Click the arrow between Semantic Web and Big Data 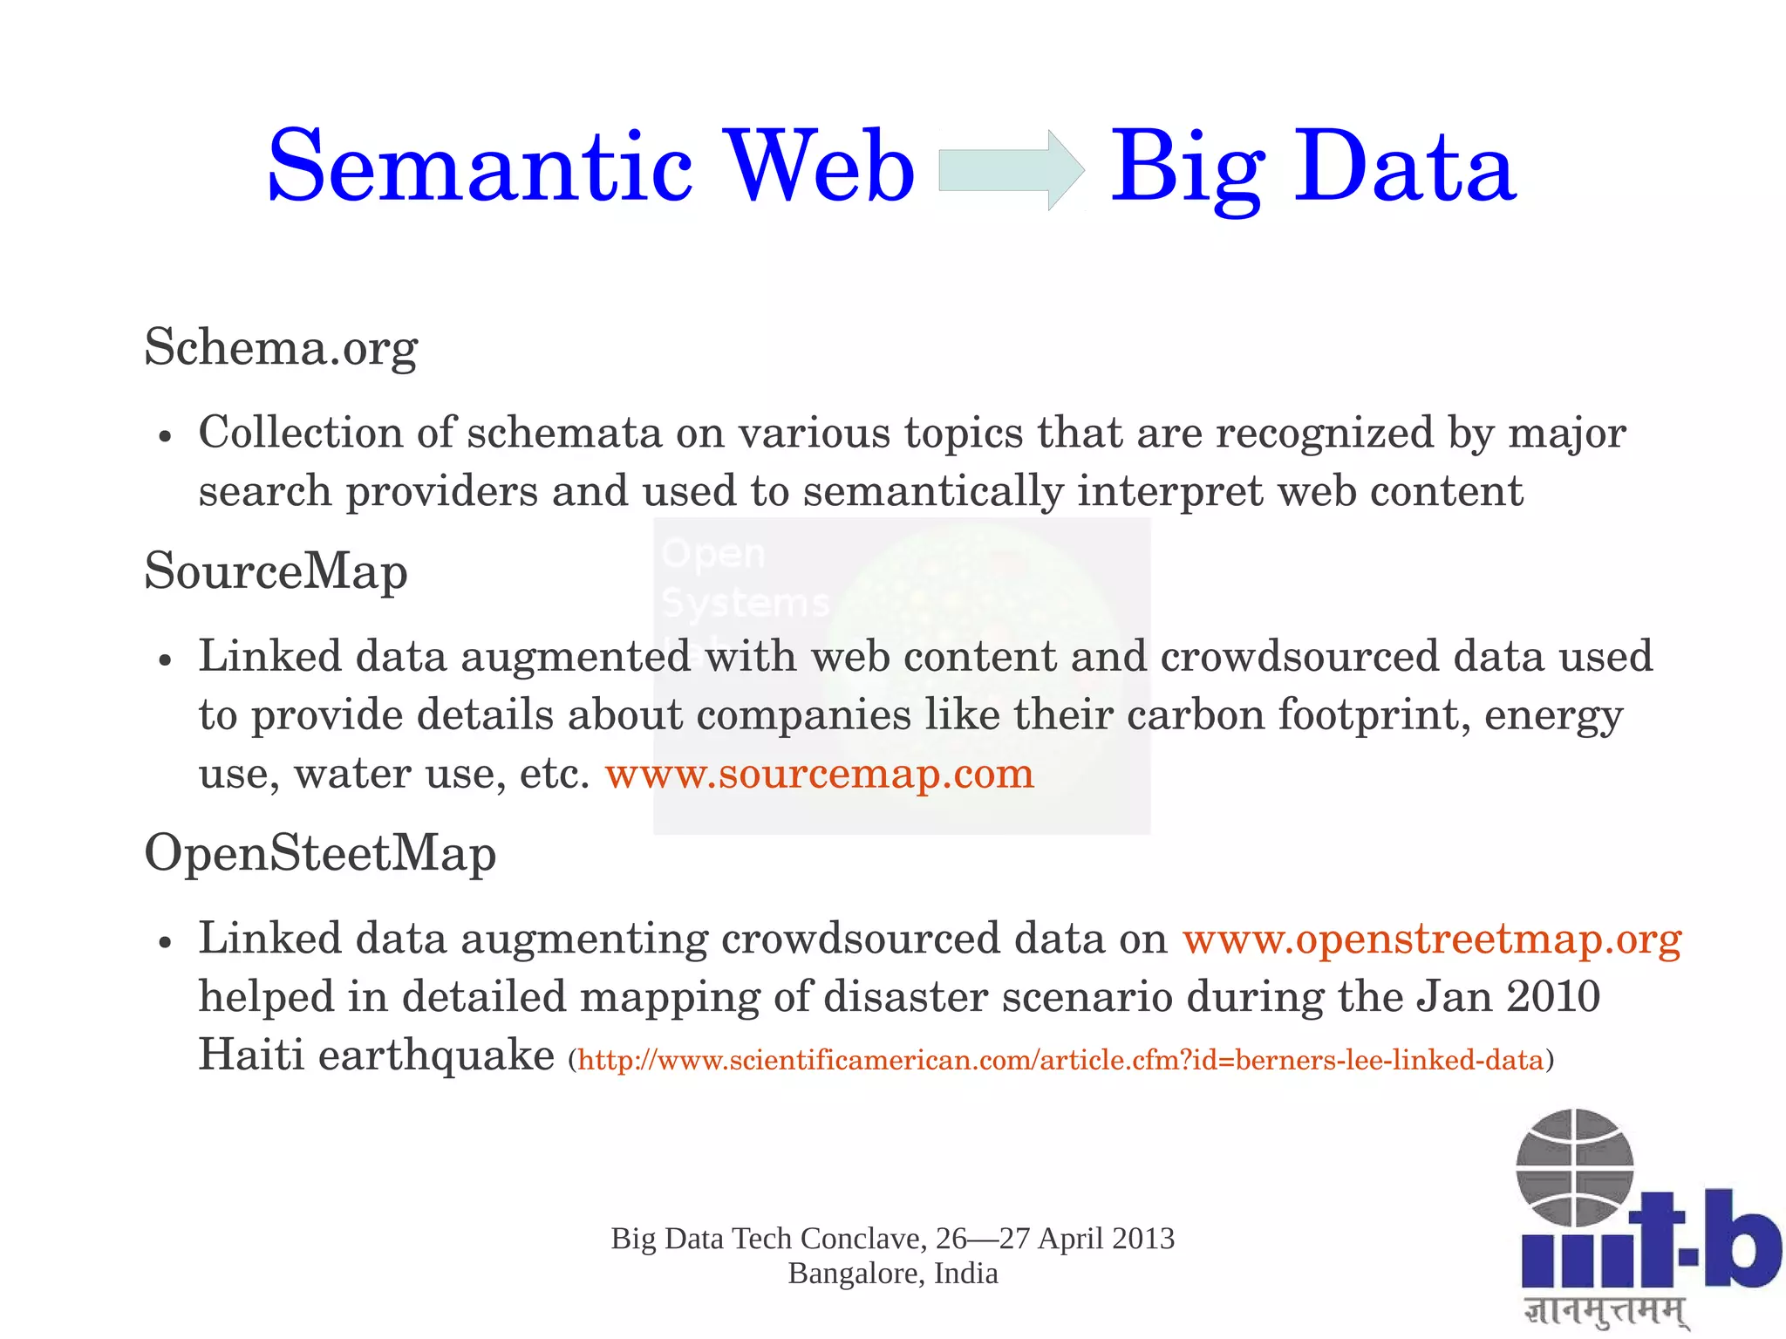tap(1012, 169)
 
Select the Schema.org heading tap(281, 347)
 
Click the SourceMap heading tap(276, 571)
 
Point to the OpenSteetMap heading tap(320, 853)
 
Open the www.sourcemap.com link tap(819, 773)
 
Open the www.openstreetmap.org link tap(1432, 939)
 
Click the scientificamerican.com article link tap(1060, 1060)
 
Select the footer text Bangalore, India tap(893, 1274)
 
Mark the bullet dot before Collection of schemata tap(165, 436)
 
